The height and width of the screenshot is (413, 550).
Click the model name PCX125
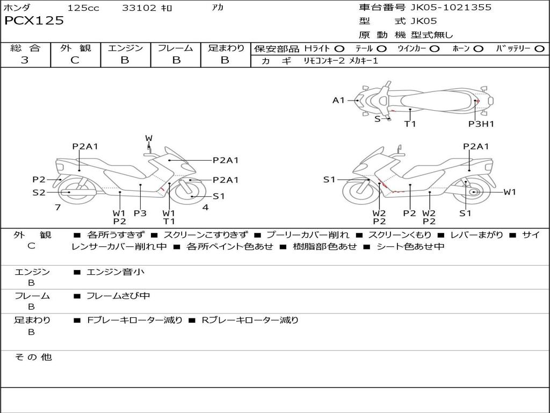tap(34, 21)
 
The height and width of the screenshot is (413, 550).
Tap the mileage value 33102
tap(139, 8)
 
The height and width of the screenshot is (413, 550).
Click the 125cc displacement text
tap(83, 8)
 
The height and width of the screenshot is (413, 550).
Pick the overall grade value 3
tap(25, 60)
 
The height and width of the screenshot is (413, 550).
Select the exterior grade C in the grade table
tap(75, 60)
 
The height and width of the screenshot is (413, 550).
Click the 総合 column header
tap(25, 48)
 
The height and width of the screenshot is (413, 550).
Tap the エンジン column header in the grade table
tap(125, 48)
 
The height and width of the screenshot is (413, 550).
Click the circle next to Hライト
tap(339, 49)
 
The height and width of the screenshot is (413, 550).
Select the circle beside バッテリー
tap(539, 49)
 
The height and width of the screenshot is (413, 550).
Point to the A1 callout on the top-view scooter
tap(338, 100)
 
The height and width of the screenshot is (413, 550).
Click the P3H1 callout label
tap(481, 124)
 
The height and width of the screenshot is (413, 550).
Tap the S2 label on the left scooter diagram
tap(39, 192)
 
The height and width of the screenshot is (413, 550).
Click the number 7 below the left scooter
tap(57, 207)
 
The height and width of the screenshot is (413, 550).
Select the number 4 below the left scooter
tap(205, 207)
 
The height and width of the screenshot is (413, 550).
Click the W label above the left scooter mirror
tap(149, 138)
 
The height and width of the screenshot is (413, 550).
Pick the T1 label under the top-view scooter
tap(410, 124)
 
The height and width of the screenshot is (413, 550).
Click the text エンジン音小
tap(115, 272)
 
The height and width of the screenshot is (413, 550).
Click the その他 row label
tap(33, 357)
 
